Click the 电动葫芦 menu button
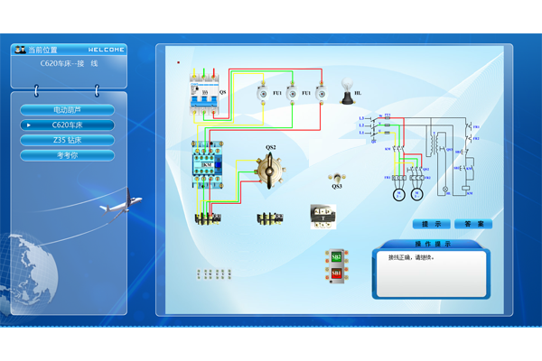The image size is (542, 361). point(68,110)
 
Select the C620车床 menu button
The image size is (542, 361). point(68,125)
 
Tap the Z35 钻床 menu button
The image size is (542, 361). point(68,140)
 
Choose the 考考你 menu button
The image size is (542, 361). point(68,155)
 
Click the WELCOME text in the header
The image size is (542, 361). point(107,50)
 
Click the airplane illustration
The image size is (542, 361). point(120,204)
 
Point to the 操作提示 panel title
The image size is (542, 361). point(433,244)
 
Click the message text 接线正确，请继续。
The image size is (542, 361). point(411,258)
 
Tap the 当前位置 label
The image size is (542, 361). point(42,50)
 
